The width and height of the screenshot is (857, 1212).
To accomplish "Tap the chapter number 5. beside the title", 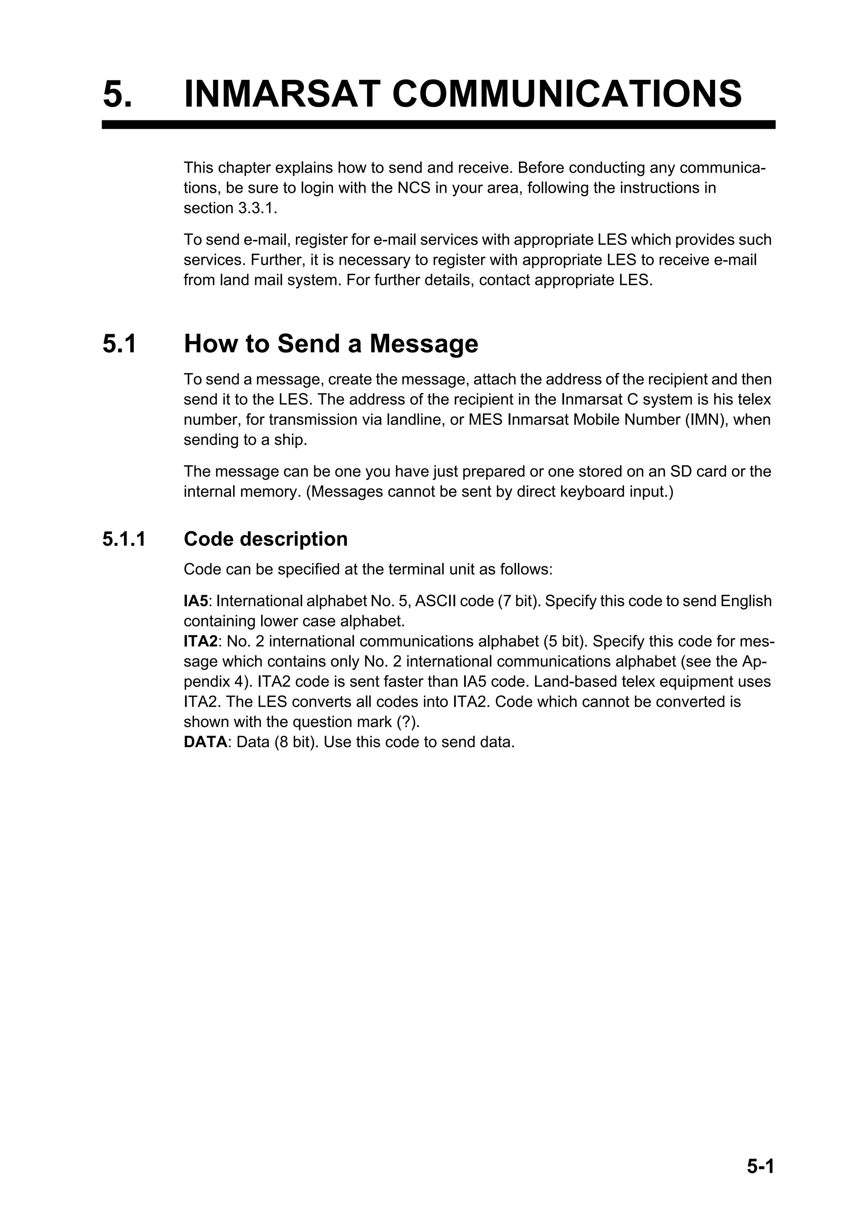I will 117,93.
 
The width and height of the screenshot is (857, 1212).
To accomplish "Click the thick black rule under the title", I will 438,125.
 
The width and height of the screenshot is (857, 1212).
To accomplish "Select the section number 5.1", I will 119,344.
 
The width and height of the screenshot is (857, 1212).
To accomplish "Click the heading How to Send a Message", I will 331,344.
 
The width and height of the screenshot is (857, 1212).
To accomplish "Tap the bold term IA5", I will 196,601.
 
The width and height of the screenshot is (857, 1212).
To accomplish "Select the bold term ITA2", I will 201,642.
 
